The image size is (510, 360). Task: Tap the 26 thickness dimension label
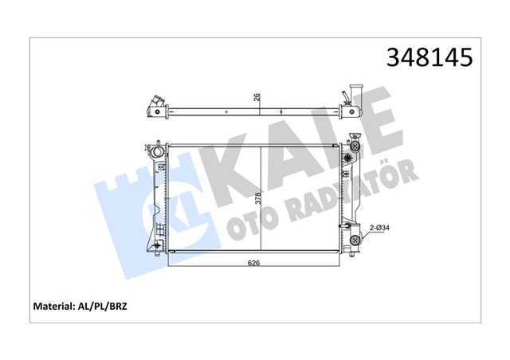[256, 99]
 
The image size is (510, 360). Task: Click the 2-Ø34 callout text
[380, 229]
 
